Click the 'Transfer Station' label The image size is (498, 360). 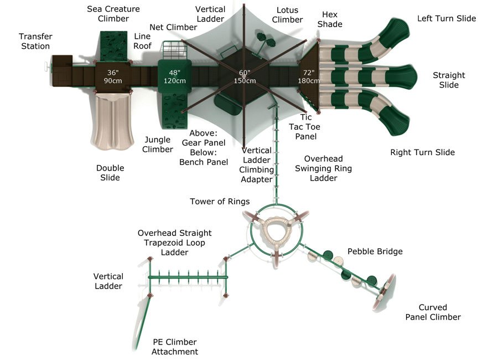click(35, 41)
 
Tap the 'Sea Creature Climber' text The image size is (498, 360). click(113, 14)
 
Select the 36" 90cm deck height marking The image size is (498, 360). click(113, 76)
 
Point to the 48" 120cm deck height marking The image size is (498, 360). click(175, 76)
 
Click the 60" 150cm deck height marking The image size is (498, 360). click(245, 76)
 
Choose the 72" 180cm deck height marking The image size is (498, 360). click(309, 76)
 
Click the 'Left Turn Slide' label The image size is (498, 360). click(447, 18)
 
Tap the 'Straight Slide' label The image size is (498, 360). click(449, 80)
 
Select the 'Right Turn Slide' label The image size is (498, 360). click(422, 152)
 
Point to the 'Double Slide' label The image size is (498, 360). click(110, 173)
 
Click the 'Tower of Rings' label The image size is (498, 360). click(220, 201)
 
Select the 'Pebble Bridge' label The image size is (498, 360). click(375, 251)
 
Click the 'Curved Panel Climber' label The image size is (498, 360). click(433, 312)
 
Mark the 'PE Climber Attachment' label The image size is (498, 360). click(174, 347)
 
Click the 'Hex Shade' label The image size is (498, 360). click(330, 19)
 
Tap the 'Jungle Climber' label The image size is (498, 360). click(158, 145)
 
